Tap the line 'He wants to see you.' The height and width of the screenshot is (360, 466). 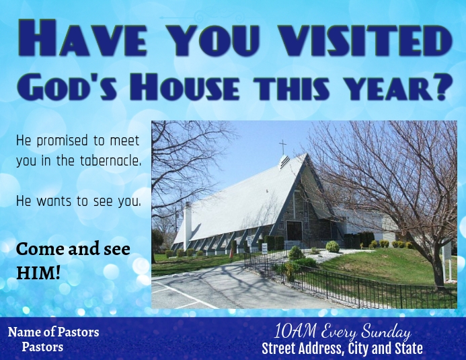(x=78, y=201)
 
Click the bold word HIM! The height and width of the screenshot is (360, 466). (x=38, y=273)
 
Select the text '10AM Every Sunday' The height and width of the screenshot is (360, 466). (x=342, y=332)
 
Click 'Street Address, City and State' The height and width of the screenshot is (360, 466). (x=342, y=349)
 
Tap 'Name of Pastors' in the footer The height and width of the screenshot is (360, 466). (x=53, y=332)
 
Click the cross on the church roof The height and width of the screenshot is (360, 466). (x=282, y=146)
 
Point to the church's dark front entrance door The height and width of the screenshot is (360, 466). (x=294, y=231)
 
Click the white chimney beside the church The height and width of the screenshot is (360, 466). (x=188, y=222)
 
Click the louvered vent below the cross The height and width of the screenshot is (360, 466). (x=284, y=162)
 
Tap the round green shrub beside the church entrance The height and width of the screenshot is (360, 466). (x=332, y=246)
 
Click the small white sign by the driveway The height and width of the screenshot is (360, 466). (x=264, y=248)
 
